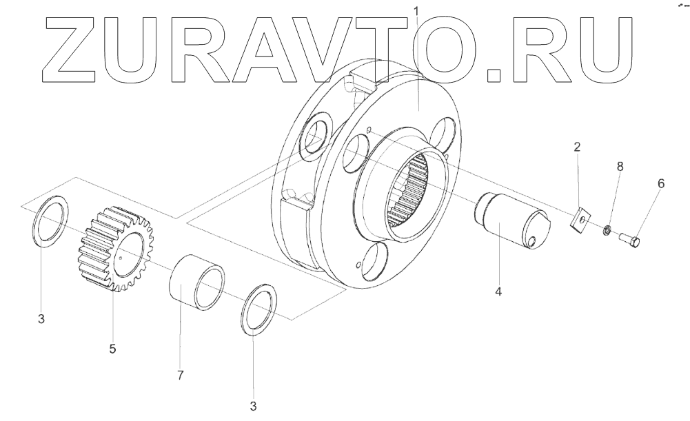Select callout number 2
(x=577, y=147)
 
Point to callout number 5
(x=112, y=349)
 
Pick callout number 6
(x=661, y=184)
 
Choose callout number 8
(x=620, y=167)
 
